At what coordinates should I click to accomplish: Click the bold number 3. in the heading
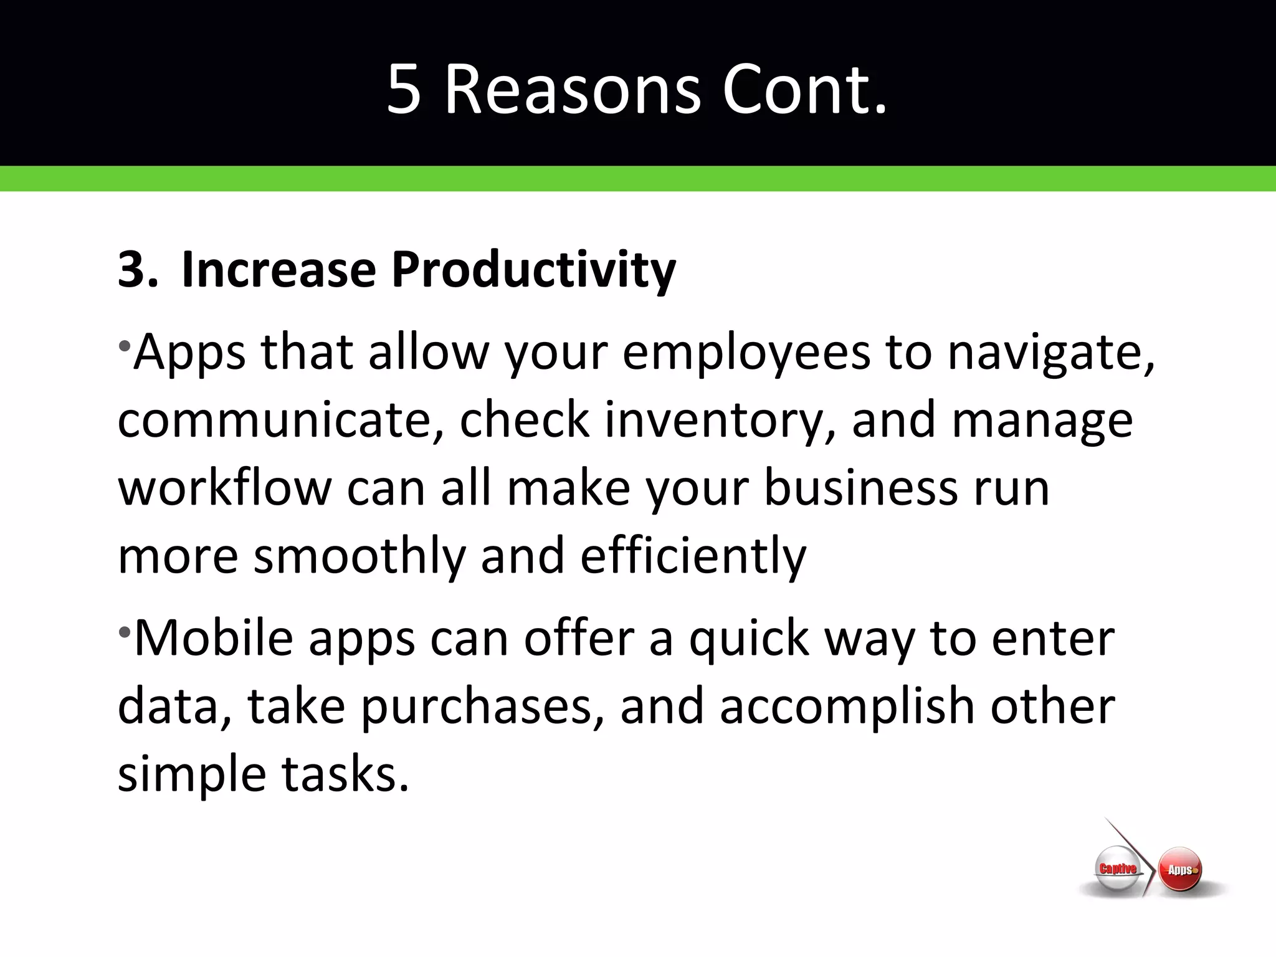(137, 270)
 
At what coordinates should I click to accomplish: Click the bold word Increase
(279, 270)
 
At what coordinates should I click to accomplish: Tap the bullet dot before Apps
(125, 345)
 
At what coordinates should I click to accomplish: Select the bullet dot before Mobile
(125, 631)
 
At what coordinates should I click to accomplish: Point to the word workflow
(225, 488)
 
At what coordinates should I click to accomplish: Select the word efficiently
(693, 556)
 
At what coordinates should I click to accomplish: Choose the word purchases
(482, 708)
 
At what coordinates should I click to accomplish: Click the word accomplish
(847, 708)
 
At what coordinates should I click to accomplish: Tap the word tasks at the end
(345, 774)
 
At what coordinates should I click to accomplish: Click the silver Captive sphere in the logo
(1117, 869)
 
